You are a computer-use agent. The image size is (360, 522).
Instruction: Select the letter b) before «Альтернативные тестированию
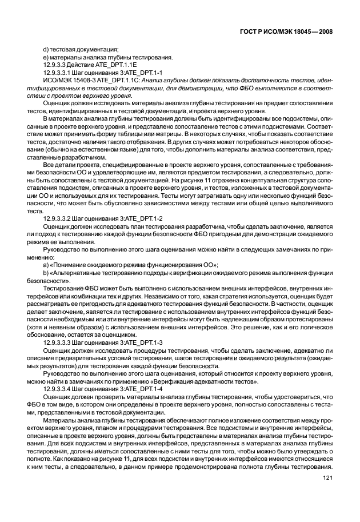coord(46,274)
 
